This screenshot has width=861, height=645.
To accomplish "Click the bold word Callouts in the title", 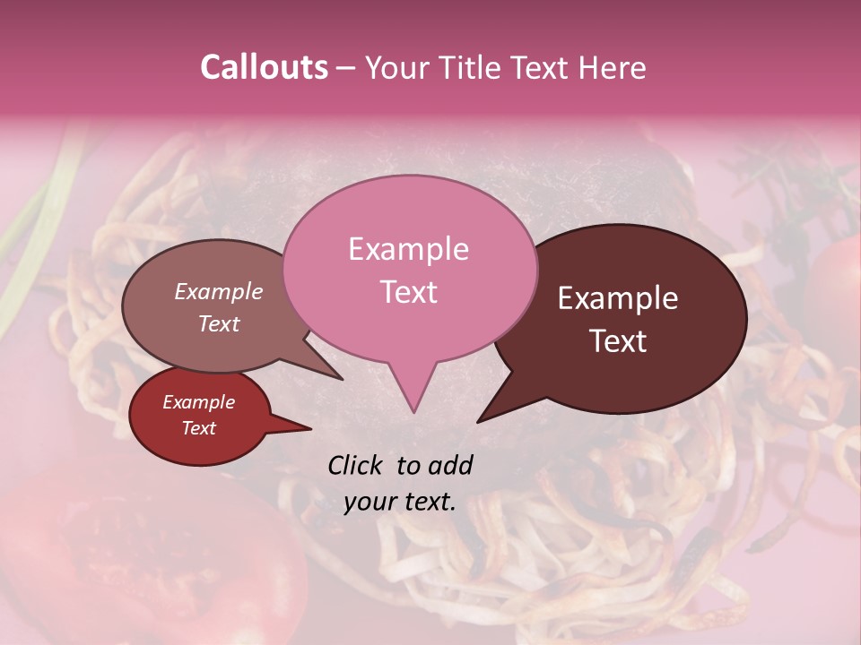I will [x=264, y=67].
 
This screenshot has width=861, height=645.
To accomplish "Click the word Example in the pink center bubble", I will [x=408, y=249].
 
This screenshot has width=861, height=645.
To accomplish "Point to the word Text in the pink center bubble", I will [x=408, y=292].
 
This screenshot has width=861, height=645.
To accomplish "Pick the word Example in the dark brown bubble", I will [x=618, y=298].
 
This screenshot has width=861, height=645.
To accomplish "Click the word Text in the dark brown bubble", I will [x=618, y=341].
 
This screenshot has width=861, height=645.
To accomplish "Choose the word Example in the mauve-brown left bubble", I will [x=218, y=291].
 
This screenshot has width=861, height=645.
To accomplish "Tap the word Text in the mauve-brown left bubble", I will [x=218, y=323].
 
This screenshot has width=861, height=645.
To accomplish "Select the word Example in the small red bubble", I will [x=198, y=402].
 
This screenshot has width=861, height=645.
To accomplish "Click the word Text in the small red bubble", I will [x=198, y=428].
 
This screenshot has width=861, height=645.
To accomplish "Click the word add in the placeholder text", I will [x=449, y=465].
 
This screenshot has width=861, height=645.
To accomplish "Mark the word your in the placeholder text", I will [x=369, y=503].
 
